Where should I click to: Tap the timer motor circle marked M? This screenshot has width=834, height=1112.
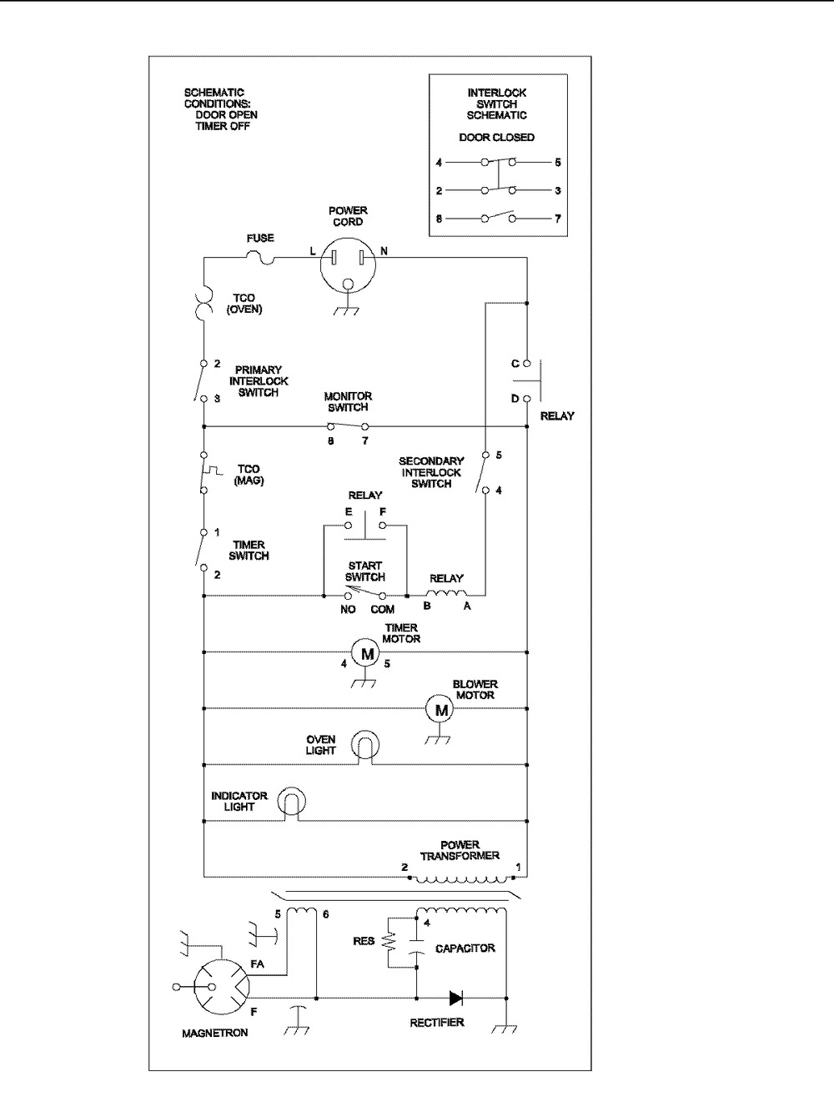point(364,653)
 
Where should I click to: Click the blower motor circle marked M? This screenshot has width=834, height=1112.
point(441,710)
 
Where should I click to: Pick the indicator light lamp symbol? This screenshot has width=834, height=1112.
point(289,802)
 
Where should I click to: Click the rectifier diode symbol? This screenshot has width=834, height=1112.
point(456,998)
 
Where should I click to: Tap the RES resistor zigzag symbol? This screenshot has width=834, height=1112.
point(389,943)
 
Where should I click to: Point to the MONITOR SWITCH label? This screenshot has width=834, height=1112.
point(348,402)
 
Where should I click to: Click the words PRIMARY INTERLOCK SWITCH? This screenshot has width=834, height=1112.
point(259,381)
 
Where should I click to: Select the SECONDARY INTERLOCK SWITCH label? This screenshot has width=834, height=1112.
point(431,472)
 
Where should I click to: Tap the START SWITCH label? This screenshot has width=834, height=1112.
point(365,571)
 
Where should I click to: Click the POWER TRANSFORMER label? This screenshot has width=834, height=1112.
point(460,850)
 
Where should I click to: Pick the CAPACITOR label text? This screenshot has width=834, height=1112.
point(465,948)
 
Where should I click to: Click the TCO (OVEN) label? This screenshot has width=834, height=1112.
point(244,304)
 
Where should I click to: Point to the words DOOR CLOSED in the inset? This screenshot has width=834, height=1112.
point(497,138)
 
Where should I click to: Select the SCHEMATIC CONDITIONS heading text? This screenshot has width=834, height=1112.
point(214,98)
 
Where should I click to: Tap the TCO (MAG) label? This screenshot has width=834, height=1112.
point(249,475)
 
